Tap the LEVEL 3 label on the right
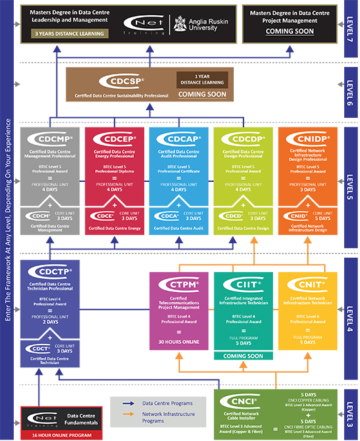(x=351, y=412)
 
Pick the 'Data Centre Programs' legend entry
(x=162, y=402)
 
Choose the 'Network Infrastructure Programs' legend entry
(x=162, y=415)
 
